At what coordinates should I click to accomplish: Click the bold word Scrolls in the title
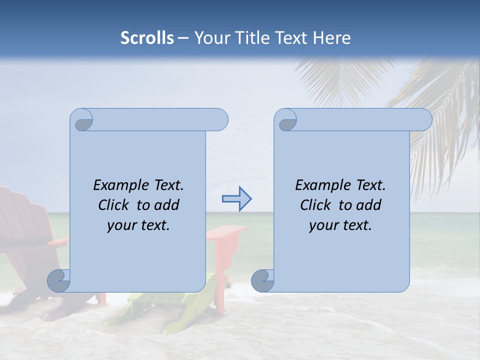tap(147, 38)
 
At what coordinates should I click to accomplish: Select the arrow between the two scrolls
tap(236, 199)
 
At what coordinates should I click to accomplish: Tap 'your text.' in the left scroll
tap(138, 225)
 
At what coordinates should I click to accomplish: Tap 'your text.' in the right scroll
tap(340, 225)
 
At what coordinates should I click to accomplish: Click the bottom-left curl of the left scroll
tap(59, 280)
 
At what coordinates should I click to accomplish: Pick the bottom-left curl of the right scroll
tap(263, 280)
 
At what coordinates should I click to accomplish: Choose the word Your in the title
tap(209, 38)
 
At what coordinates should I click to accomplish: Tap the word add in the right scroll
tap(369, 205)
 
